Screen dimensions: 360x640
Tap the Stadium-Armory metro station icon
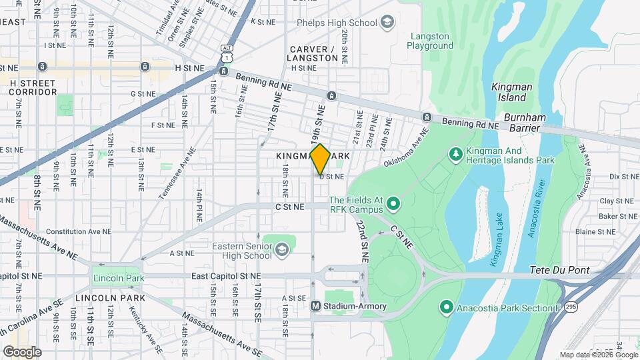point(317,306)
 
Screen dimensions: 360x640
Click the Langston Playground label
point(431,41)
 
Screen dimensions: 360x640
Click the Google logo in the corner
point(22,351)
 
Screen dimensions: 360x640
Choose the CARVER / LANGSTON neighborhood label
point(314,54)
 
